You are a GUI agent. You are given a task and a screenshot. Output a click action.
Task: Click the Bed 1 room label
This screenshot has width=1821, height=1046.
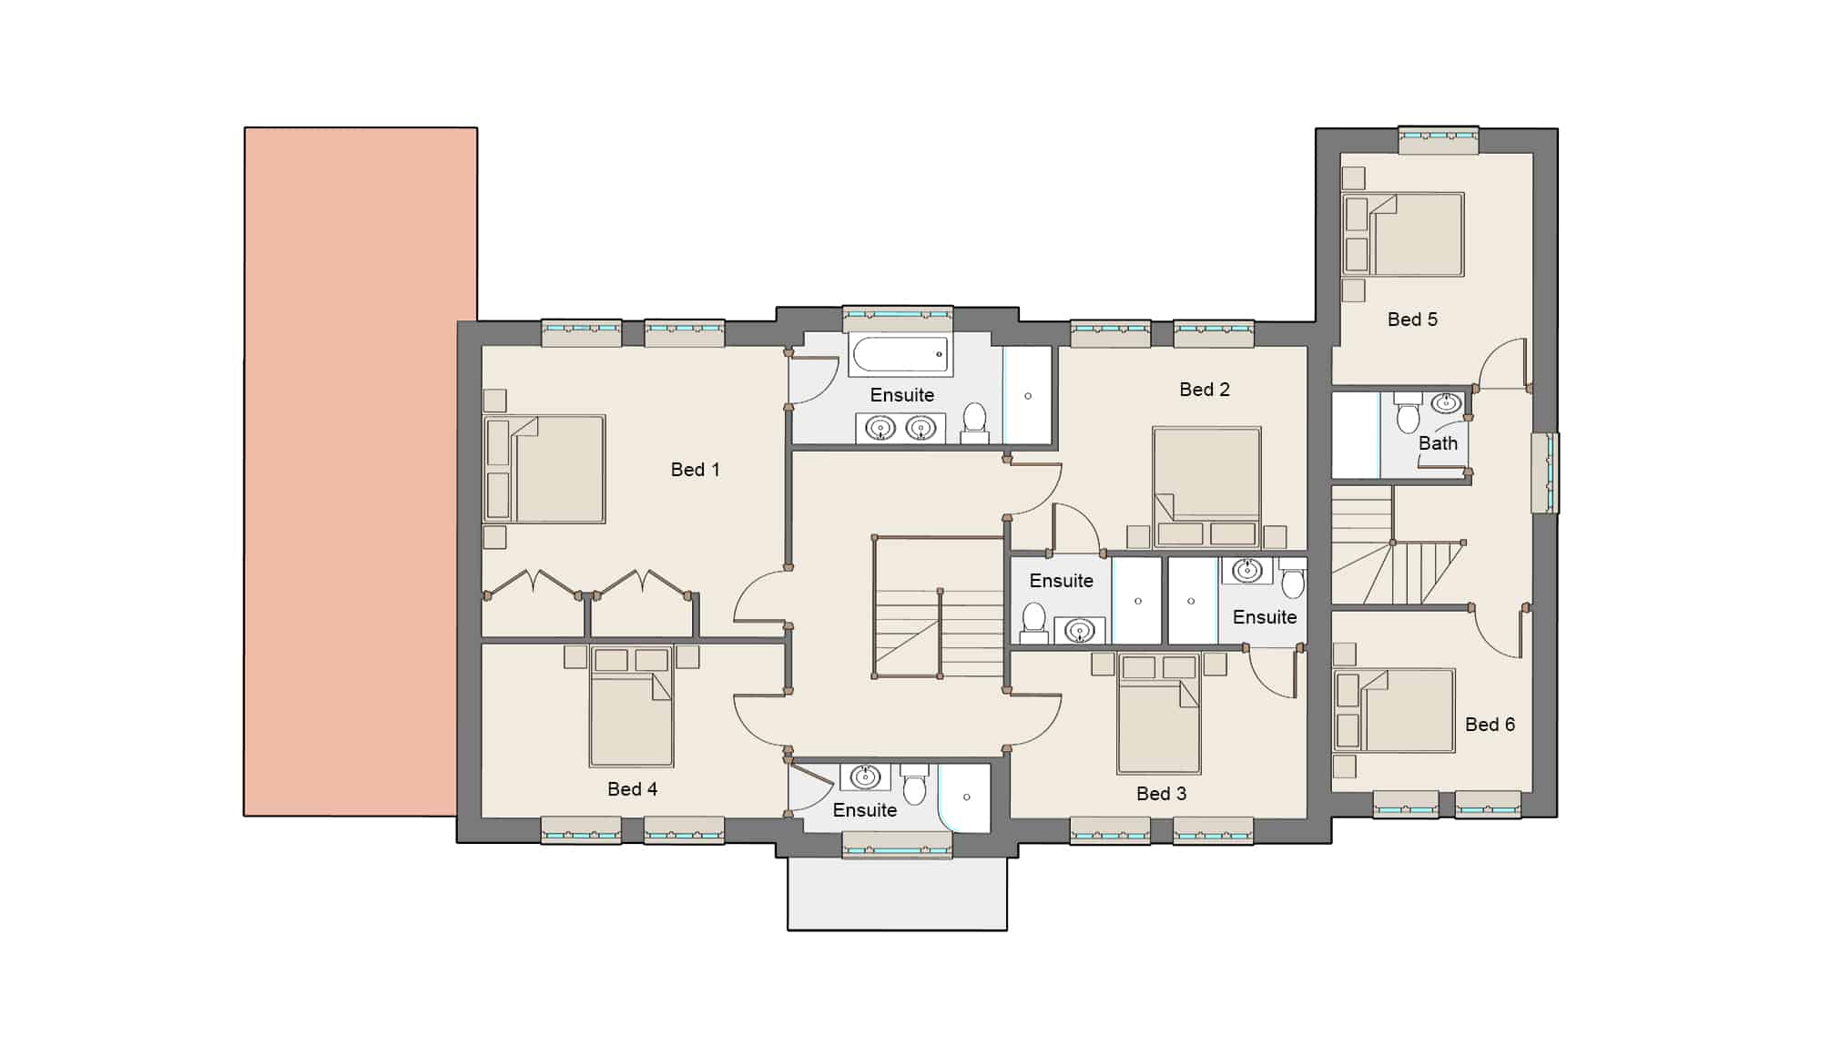coord(695,470)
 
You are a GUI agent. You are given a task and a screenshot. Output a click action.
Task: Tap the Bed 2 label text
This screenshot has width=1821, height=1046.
coord(1204,390)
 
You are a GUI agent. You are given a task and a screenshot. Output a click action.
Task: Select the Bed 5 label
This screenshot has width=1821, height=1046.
coord(1412,320)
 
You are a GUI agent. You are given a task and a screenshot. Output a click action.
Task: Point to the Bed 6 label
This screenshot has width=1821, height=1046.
coord(1490,725)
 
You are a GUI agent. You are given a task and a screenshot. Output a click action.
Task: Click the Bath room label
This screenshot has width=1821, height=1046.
coord(1438,443)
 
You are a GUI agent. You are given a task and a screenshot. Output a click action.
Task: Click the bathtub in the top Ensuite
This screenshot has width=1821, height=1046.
coord(900,354)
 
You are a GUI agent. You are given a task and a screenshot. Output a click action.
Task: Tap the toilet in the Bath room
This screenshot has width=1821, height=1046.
coord(1408,412)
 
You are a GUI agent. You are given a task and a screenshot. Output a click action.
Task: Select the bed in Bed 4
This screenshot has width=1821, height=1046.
coord(631,706)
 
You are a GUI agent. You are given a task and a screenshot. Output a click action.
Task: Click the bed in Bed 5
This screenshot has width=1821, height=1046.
coord(1403,234)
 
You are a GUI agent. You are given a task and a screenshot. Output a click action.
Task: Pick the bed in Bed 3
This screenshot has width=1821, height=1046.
coord(1159,714)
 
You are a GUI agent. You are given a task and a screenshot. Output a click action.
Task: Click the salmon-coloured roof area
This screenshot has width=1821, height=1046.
coord(360,472)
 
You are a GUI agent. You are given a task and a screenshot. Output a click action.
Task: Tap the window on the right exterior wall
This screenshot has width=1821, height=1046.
coord(1545,472)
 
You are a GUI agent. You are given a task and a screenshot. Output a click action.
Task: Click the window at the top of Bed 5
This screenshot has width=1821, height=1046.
coord(1439,139)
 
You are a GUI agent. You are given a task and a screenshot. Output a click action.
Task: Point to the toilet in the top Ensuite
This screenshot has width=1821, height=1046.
coord(974,423)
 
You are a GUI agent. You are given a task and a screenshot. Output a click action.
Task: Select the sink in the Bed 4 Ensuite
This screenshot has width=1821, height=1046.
coord(865,777)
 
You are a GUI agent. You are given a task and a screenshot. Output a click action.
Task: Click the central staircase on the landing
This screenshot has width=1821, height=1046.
coord(939,607)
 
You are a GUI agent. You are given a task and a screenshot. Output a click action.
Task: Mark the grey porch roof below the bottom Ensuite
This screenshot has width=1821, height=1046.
coord(897,894)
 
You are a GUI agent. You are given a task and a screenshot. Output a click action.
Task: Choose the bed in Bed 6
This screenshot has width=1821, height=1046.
coord(1394,710)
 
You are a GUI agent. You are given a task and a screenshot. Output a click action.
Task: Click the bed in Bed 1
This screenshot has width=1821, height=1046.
coord(544,470)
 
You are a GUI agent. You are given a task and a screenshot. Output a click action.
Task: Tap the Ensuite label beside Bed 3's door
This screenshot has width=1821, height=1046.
coord(1265,617)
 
